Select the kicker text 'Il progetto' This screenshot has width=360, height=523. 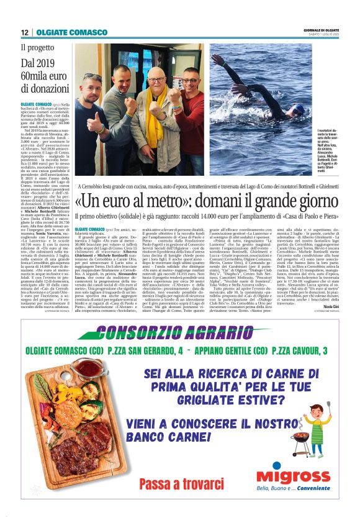click(38, 47)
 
